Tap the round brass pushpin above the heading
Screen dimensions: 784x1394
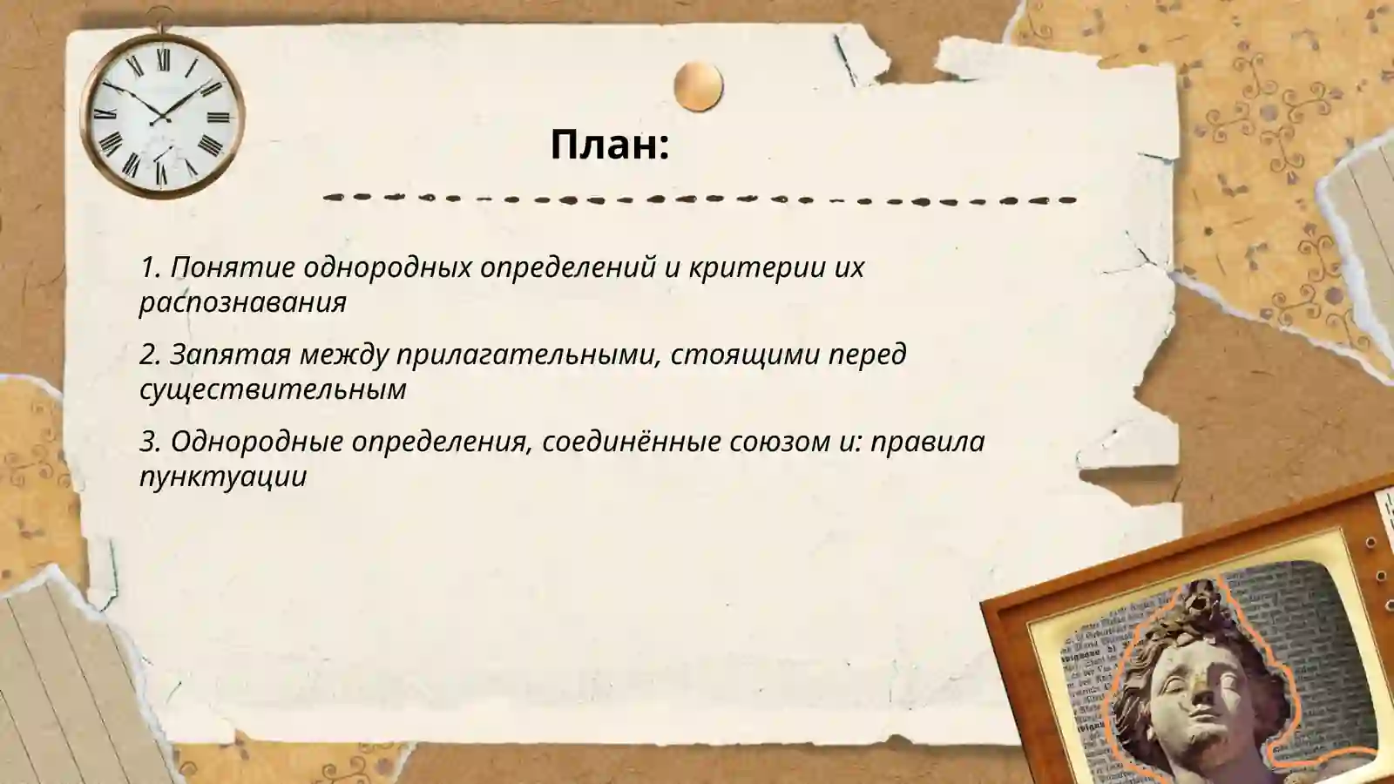698,86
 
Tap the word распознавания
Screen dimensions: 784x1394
243,301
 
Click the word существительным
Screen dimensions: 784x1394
273,389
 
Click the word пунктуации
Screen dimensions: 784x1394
223,476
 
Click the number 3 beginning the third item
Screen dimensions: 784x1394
149,441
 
